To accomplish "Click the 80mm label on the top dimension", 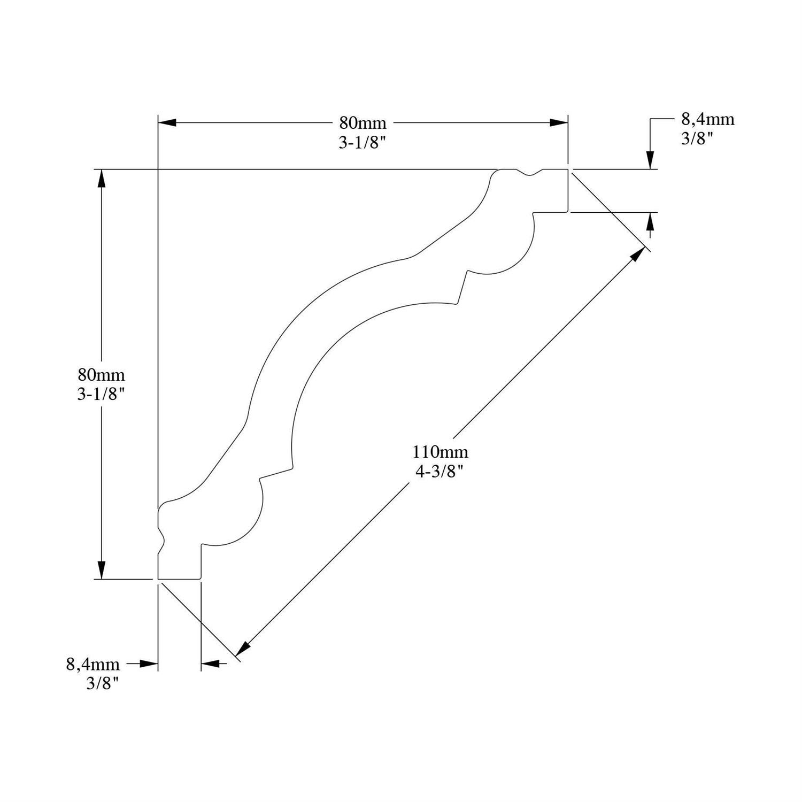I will (363, 123).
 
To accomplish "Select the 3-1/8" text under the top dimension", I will (363, 143).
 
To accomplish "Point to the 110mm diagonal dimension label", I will (440, 452).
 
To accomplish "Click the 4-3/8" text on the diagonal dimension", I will (439, 472).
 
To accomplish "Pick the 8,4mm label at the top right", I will (707, 119).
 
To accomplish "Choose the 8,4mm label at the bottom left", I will (93, 664).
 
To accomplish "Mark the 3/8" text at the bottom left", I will (102, 683).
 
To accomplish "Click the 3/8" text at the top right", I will (697, 138).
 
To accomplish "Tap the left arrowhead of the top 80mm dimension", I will (167, 123).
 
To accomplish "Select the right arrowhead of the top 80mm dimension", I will (559, 123).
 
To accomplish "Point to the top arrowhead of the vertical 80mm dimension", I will (101, 179).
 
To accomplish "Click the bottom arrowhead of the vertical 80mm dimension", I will (101, 569).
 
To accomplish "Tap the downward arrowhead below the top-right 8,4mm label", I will (650, 160).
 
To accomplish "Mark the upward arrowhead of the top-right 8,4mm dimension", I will (650, 221).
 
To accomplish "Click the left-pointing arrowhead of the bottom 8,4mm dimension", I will (210, 664).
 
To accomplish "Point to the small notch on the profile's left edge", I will (161, 535).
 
